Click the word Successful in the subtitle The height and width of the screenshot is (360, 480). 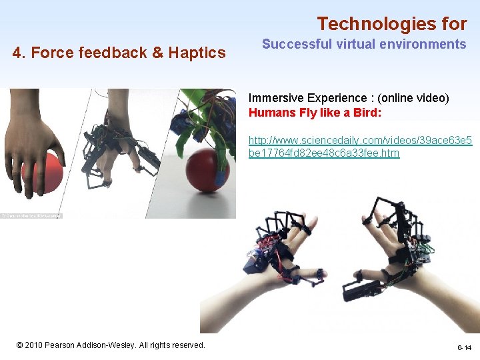click(x=293, y=45)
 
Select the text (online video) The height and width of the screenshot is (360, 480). click(x=413, y=98)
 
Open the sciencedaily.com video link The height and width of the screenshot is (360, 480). click(x=360, y=147)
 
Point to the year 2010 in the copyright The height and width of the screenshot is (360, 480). click(x=34, y=345)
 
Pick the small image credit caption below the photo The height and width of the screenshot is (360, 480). click(x=31, y=216)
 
